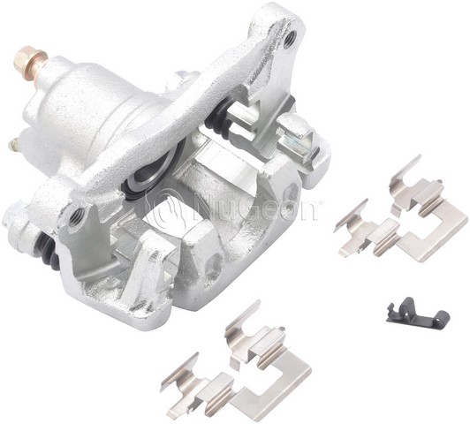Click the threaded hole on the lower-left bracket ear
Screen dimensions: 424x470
point(78,213)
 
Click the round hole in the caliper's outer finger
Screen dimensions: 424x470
point(209,261)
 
